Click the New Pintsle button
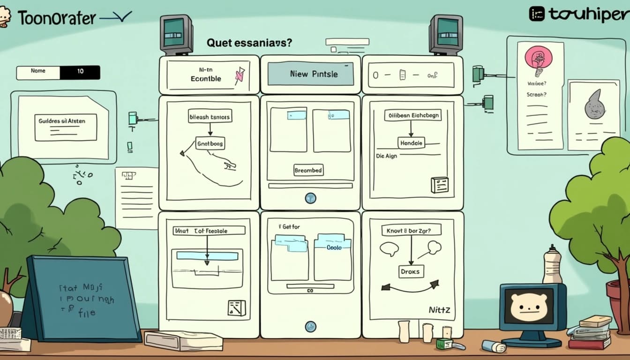point(310,74)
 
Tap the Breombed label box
point(308,170)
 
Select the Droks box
point(412,271)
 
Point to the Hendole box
point(411,143)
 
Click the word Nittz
point(439,309)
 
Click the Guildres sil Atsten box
point(66,121)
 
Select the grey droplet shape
point(595,105)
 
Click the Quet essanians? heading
point(249,43)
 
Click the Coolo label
point(334,247)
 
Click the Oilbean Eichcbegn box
point(413,115)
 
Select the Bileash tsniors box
point(210,117)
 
